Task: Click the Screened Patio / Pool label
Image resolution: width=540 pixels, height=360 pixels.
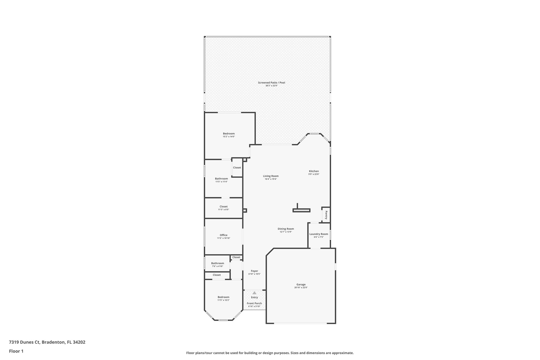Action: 271,83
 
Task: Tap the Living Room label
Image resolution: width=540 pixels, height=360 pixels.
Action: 271,176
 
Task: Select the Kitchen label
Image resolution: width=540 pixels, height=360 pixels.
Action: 314,171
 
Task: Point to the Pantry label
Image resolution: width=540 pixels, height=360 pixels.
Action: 326,215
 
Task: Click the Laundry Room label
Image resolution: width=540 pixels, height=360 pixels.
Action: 319,234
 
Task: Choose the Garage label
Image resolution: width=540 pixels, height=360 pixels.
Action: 301,284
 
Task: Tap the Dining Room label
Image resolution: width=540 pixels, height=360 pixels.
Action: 286,229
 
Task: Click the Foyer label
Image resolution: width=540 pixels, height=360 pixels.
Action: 254,271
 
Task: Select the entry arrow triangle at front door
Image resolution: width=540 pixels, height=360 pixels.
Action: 254,293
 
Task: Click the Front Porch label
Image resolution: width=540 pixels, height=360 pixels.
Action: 254,303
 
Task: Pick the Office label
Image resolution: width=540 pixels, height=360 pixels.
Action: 223,235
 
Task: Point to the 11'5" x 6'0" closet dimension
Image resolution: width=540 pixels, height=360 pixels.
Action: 223,210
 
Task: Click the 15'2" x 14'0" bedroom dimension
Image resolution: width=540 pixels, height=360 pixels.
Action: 229,137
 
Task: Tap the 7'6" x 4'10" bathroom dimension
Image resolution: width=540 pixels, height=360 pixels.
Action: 218,266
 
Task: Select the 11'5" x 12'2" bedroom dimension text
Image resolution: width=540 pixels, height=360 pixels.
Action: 223,300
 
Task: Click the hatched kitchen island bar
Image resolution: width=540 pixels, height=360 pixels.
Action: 301,210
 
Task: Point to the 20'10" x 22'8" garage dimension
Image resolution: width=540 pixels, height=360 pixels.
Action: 301,287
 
